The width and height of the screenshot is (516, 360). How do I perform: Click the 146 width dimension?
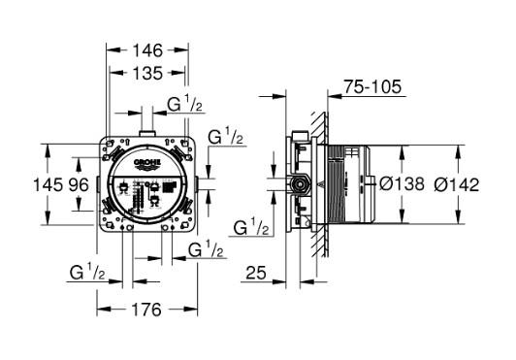[147, 48]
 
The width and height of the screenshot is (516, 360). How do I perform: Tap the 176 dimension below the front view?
[145, 311]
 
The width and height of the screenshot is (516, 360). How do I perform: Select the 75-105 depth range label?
[374, 87]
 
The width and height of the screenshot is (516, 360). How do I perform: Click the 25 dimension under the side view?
[256, 275]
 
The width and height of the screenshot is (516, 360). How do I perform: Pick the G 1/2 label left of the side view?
[253, 228]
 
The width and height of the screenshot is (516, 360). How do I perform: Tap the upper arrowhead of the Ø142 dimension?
[458, 148]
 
